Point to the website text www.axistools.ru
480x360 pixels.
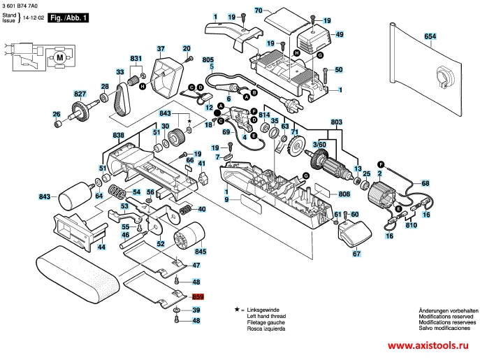pos(431,346)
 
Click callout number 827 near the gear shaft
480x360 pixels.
pos(80,93)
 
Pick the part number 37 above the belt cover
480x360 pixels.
pos(161,49)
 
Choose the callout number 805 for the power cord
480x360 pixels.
pos(208,61)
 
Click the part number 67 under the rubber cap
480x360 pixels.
pos(356,254)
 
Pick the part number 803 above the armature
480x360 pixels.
pos(337,121)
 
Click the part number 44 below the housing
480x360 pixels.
pos(102,247)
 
